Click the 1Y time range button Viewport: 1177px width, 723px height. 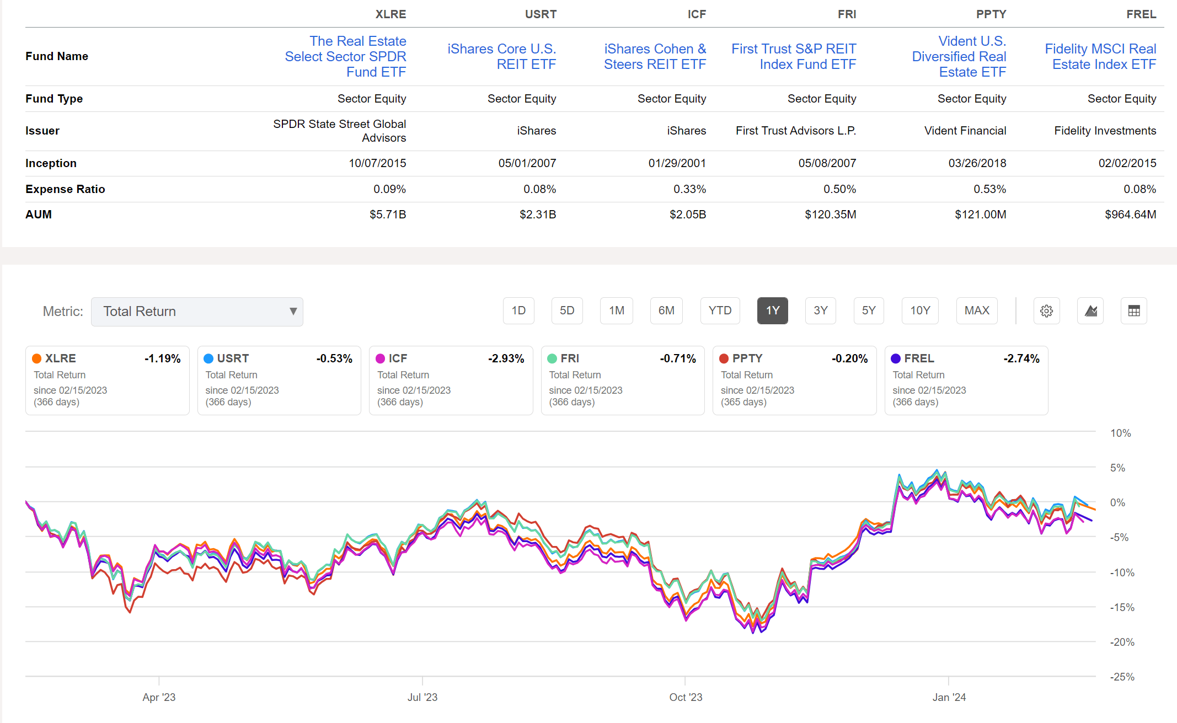pyautogui.click(x=772, y=310)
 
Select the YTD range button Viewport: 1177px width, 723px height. pyautogui.click(x=720, y=310)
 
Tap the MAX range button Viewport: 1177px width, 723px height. pyautogui.click(x=976, y=310)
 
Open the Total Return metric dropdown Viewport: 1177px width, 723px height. pyautogui.click(x=197, y=312)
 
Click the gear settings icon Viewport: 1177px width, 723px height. pyautogui.click(x=1046, y=311)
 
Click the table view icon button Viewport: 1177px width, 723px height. pyautogui.click(x=1133, y=311)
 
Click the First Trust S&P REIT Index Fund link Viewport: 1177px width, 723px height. pyautogui.click(x=794, y=56)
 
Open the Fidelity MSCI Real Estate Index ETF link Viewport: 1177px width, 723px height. pyautogui.click(x=1100, y=56)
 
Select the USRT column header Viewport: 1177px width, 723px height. pyautogui.click(x=541, y=14)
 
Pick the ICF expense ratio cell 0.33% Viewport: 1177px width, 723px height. pyautogui.click(x=689, y=189)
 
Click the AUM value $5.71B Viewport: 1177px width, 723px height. pyautogui.click(x=388, y=215)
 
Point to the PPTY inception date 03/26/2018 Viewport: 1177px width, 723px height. pyautogui.click(x=977, y=163)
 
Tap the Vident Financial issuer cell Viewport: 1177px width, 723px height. pyautogui.click(x=965, y=131)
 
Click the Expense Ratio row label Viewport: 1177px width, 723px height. pyautogui.click(x=65, y=189)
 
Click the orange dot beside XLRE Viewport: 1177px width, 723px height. pyautogui.click(x=37, y=358)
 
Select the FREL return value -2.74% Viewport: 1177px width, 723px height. pyautogui.click(x=1021, y=358)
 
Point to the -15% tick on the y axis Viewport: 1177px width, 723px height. pyautogui.click(x=1122, y=607)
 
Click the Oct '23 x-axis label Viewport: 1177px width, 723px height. pyautogui.click(x=686, y=697)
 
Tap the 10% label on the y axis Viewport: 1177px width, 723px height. pyautogui.click(x=1120, y=433)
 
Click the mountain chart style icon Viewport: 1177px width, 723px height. pyautogui.click(x=1090, y=311)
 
